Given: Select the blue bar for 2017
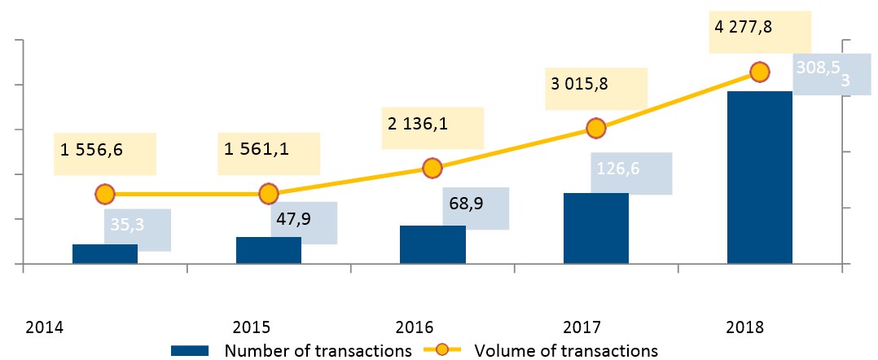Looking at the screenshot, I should click(595, 229).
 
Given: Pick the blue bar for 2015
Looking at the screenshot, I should click(269, 250).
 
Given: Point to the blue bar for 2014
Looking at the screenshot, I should click(105, 254).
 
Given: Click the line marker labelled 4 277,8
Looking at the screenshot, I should click(759, 72).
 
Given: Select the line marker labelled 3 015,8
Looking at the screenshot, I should click(595, 128).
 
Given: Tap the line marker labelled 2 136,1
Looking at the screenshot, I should click(432, 169).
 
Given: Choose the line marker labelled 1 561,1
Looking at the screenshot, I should click(269, 194).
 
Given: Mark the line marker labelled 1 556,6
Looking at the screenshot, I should click(105, 194).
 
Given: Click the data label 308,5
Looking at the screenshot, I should click(818, 69).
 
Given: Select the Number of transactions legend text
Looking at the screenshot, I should click(317, 351).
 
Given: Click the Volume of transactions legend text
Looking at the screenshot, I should click(565, 351).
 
